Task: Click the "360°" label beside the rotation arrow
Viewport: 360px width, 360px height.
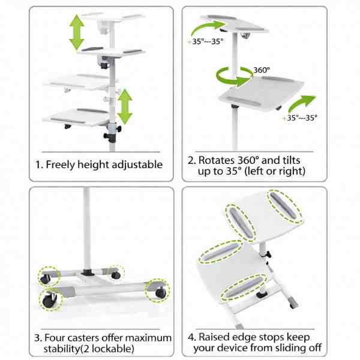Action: (261, 70)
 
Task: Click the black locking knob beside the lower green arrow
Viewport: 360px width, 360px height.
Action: (116, 128)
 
